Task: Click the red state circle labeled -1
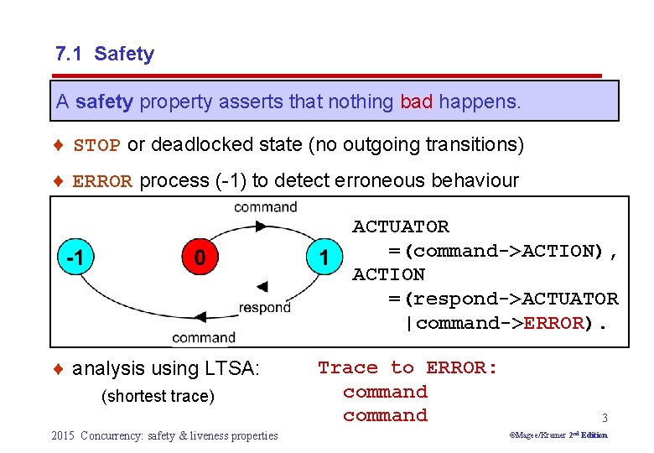[75, 258]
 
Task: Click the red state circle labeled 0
[199, 258]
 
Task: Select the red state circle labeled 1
[324, 258]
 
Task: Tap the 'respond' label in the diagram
[265, 307]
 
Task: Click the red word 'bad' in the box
[417, 102]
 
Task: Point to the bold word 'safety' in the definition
[104, 102]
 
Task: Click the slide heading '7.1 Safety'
[105, 55]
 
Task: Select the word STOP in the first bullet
[97, 146]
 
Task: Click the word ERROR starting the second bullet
[103, 181]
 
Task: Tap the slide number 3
[604, 417]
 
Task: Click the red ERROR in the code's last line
[553, 323]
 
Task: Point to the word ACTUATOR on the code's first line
[401, 226]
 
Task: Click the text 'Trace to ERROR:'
[407, 367]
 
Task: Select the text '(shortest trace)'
[158, 396]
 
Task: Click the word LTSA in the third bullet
[237, 368]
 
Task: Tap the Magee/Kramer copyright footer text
[558, 435]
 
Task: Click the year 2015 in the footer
[63, 435]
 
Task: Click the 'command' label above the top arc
[265, 207]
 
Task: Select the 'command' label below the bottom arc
[204, 337]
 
